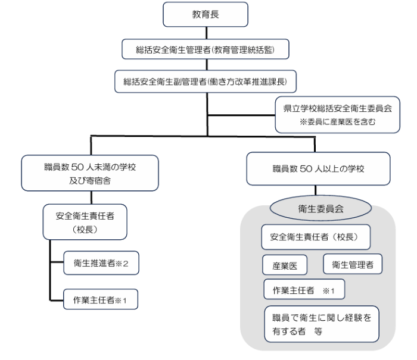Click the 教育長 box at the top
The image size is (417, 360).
click(x=206, y=14)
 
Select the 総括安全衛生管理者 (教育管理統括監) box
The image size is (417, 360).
click(x=206, y=49)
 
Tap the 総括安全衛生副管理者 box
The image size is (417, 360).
click(x=206, y=82)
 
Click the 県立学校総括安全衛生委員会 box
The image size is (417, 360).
click(x=338, y=114)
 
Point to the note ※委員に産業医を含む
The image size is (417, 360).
click(x=338, y=121)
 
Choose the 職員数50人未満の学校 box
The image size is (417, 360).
click(x=90, y=173)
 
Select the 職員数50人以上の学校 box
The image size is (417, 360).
click(x=318, y=169)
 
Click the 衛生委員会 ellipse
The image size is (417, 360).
click(x=320, y=208)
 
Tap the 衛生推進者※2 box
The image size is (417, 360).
click(x=101, y=263)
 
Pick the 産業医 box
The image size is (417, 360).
click(x=285, y=265)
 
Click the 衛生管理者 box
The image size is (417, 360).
click(x=353, y=264)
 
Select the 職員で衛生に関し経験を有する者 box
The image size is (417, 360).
click(x=322, y=324)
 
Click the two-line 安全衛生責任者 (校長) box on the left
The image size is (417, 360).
click(x=85, y=222)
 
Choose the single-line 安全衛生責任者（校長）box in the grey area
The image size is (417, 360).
click(x=316, y=237)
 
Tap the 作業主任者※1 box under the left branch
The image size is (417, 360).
click(x=101, y=299)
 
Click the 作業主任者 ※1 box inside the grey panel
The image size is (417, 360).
click(x=304, y=289)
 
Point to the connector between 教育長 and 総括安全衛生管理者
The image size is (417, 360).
click(x=207, y=33)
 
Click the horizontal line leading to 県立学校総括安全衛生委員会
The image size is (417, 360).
click(x=241, y=115)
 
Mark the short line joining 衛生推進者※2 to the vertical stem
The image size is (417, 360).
click(x=57, y=262)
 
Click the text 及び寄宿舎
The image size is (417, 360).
click(x=90, y=181)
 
